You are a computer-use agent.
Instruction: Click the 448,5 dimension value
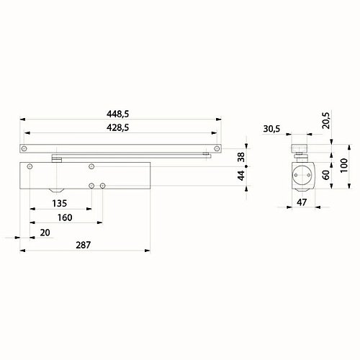pos(119,113)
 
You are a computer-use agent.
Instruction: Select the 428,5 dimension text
pos(119,127)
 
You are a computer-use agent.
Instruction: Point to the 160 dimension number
pos(63,218)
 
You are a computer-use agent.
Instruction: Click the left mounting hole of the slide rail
pos(24,149)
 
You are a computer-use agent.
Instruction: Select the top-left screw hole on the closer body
pos(30,168)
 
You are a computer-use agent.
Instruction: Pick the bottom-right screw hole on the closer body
pos(103,186)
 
